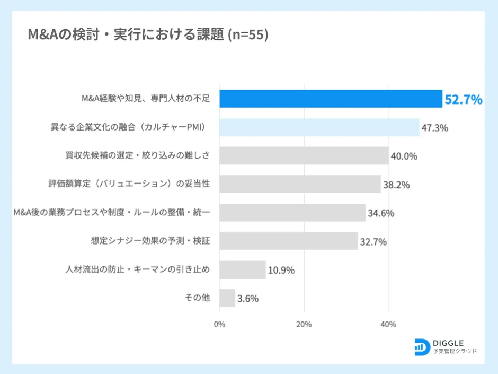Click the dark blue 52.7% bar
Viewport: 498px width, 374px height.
(331, 99)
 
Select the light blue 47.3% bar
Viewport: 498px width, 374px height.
(319, 128)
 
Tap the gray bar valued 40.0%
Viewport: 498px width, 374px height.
(304, 156)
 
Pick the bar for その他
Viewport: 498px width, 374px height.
(227, 298)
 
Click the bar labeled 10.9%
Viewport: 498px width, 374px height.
(242, 269)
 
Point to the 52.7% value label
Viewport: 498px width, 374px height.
(463, 99)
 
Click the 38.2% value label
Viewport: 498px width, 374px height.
(396, 185)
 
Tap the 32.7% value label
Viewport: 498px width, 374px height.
(374, 242)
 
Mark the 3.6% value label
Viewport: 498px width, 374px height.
(248, 299)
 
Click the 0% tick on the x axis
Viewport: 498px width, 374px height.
(219, 324)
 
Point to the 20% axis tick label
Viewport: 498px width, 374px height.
(304, 324)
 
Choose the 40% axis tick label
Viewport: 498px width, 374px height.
(388, 324)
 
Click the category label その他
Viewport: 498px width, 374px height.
(197, 298)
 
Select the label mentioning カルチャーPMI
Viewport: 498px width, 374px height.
(127, 127)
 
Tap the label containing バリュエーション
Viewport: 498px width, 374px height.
(129, 184)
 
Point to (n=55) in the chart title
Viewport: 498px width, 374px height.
(247, 35)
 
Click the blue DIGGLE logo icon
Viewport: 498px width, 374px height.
(422, 346)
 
